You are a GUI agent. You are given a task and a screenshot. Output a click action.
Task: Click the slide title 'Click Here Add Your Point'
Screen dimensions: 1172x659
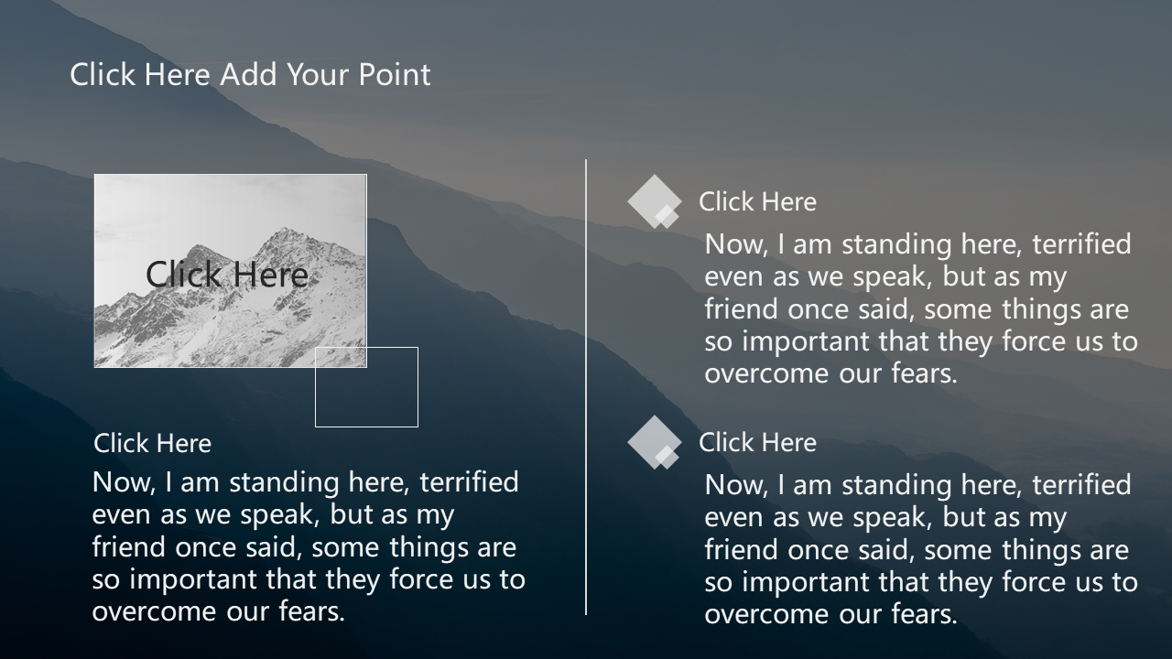pos(250,74)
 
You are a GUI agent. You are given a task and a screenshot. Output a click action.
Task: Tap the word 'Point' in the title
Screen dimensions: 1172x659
pos(395,74)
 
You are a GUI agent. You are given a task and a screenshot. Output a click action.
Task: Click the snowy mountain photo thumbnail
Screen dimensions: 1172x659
pos(230,271)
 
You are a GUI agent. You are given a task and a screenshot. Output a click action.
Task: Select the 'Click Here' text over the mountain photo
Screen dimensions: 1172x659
pos(226,274)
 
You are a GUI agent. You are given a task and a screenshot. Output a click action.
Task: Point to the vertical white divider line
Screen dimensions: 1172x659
pos(586,387)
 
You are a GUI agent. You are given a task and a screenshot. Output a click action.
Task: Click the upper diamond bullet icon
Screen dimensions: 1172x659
pos(655,202)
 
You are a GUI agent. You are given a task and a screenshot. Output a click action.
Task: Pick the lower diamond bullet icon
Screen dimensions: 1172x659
pos(655,442)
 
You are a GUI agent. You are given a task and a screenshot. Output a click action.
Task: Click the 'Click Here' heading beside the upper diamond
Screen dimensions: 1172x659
pos(757,202)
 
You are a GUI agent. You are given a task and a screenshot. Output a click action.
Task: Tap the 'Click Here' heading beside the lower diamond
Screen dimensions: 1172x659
pos(757,442)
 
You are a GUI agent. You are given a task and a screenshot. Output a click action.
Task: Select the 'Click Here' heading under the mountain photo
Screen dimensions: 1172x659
pos(152,444)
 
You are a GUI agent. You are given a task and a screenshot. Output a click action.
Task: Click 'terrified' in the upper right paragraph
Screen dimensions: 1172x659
pos(1081,244)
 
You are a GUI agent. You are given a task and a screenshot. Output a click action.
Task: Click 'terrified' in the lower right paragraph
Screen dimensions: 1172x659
pos(1081,485)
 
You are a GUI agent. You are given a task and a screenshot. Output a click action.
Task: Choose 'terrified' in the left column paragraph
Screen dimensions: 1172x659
pos(470,482)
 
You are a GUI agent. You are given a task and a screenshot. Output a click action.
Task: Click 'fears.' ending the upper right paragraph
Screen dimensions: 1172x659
pos(925,373)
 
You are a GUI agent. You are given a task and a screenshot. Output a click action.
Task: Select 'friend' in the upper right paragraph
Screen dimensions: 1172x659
pos(742,308)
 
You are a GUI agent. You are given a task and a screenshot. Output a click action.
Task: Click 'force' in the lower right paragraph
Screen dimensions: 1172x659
pos(1032,581)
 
